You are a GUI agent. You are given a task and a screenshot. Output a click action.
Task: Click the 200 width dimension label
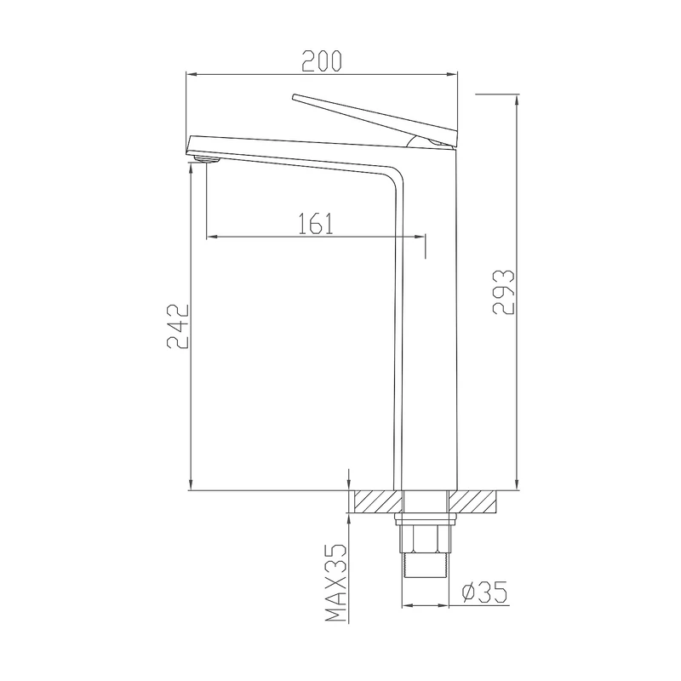click(x=322, y=60)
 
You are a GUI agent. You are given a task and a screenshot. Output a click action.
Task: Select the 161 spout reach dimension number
click(x=316, y=224)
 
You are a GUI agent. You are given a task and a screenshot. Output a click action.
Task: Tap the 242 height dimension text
click(x=178, y=327)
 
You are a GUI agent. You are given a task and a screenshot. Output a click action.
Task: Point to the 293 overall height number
click(x=504, y=292)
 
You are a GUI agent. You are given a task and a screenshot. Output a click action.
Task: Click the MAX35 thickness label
click(x=336, y=583)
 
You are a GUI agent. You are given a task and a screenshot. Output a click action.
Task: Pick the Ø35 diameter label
click(x=484, y=592)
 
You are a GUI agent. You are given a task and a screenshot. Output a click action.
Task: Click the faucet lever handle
click(x=375, y=120)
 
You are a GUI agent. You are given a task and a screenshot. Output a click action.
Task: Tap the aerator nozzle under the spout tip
click(x=207, y=160)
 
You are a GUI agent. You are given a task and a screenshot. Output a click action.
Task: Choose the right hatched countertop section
click(x=473, y=501)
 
